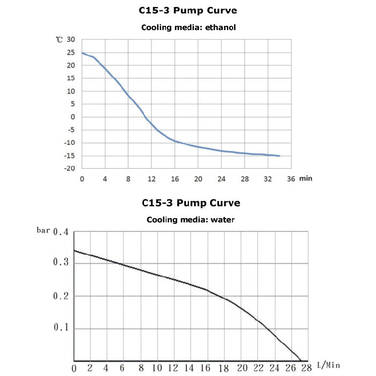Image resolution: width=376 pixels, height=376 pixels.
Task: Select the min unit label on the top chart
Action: (306, 178)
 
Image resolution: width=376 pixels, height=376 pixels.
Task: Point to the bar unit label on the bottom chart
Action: (43, 230)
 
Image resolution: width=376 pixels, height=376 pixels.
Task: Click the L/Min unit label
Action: (328, 365)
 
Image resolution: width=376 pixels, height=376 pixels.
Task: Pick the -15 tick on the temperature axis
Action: (70, 156)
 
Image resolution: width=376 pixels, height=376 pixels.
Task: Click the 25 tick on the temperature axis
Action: (71, 53)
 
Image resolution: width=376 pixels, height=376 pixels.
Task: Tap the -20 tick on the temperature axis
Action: (70, 169)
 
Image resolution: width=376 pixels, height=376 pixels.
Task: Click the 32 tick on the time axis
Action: (268, 179)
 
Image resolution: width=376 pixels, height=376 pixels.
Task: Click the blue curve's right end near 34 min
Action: (279, 156)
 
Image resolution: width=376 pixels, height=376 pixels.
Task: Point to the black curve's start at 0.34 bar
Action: (74, 251)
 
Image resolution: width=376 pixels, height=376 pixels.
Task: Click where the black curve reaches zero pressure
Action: (300, 360)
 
